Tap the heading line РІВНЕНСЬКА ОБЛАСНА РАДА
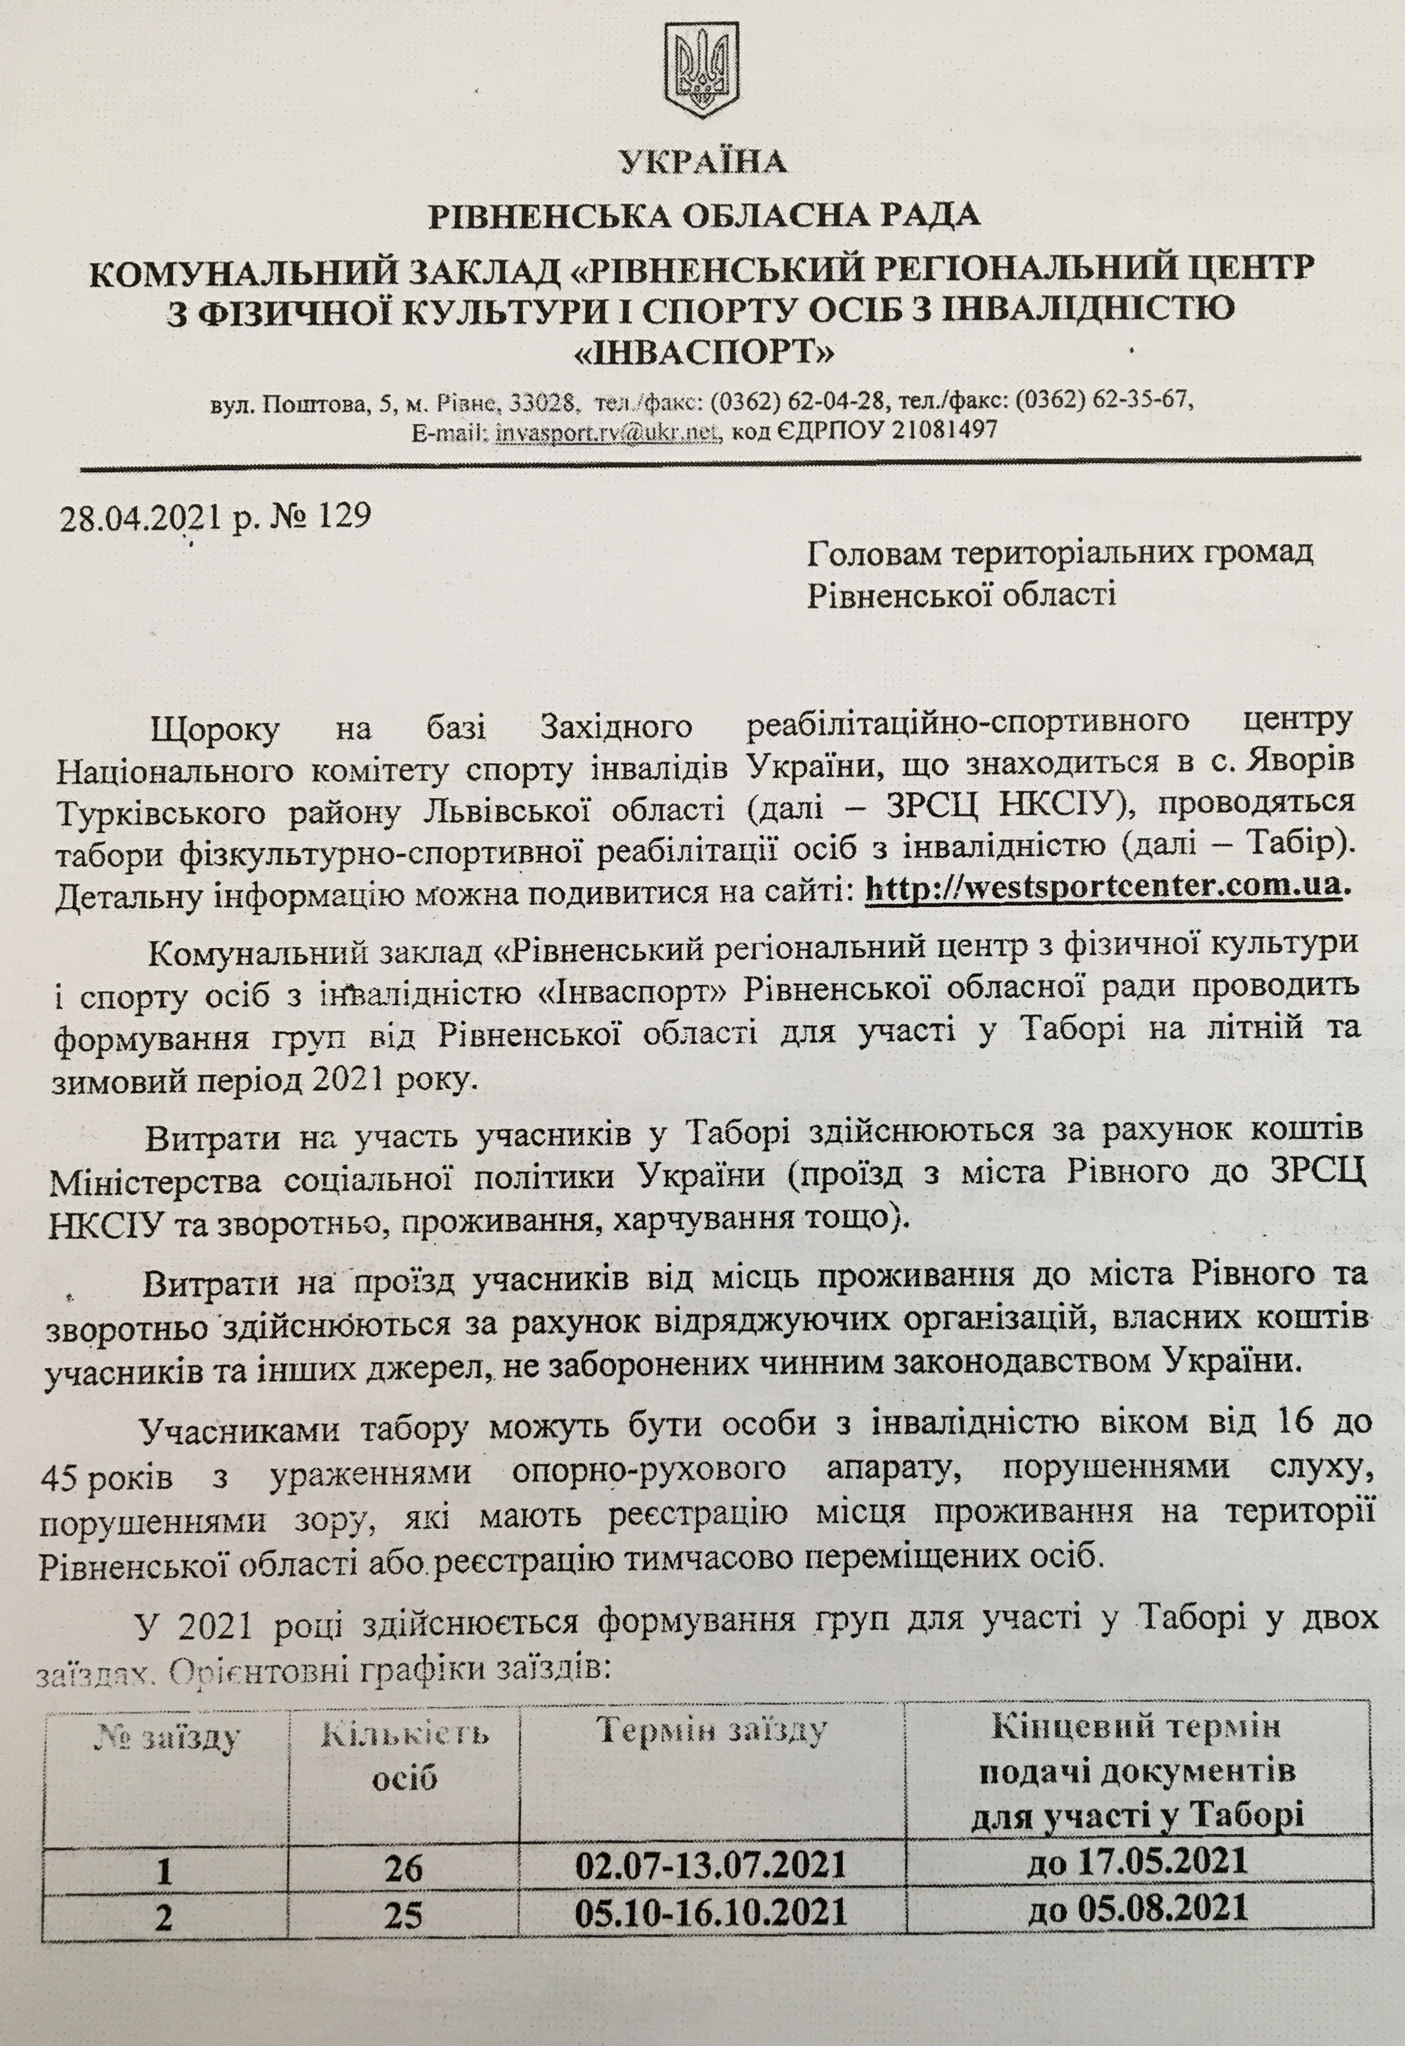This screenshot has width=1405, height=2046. [x=704, y=216]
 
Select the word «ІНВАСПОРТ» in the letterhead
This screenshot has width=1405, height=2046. [x=702, y=354]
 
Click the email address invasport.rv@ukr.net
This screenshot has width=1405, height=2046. [x=608, y=430]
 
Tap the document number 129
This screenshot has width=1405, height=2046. [x=342, y=515]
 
